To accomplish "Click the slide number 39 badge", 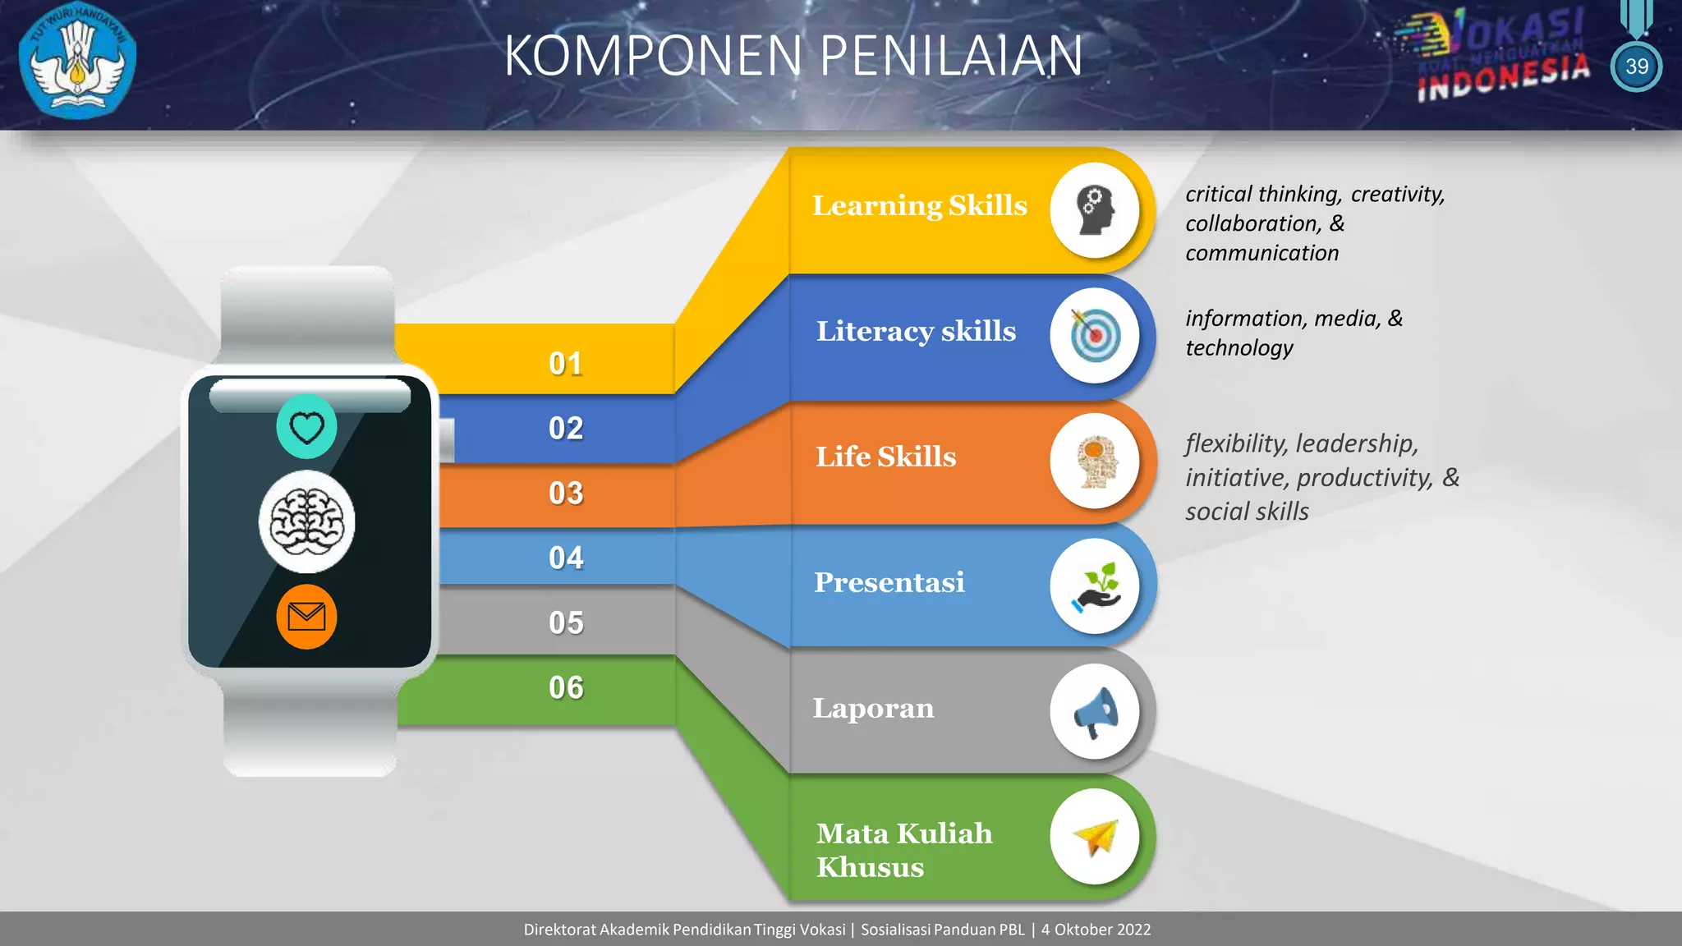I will coord(1636,67).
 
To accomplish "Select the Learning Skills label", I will coord(919,205).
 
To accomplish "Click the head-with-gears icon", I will coord(1095,210).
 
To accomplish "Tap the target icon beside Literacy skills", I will coord(1095,336).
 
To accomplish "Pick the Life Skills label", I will coord(885,457).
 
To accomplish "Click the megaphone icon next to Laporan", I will coord(1095,712).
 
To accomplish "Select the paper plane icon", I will coord(1095,837).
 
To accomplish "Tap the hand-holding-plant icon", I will coord(1095,586).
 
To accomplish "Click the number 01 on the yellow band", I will coord(566,364).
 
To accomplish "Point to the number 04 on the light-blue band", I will coord(566,558).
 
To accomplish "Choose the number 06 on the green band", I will coord(566,688).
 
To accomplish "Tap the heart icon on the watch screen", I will coord(307,427).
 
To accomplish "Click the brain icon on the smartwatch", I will coord(307,522).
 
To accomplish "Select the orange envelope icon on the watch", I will coord(307,617).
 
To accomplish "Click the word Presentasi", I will coord(889,582).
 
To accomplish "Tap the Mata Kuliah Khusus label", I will coord(903,850).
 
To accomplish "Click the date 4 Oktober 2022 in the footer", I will coord(1096,930).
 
